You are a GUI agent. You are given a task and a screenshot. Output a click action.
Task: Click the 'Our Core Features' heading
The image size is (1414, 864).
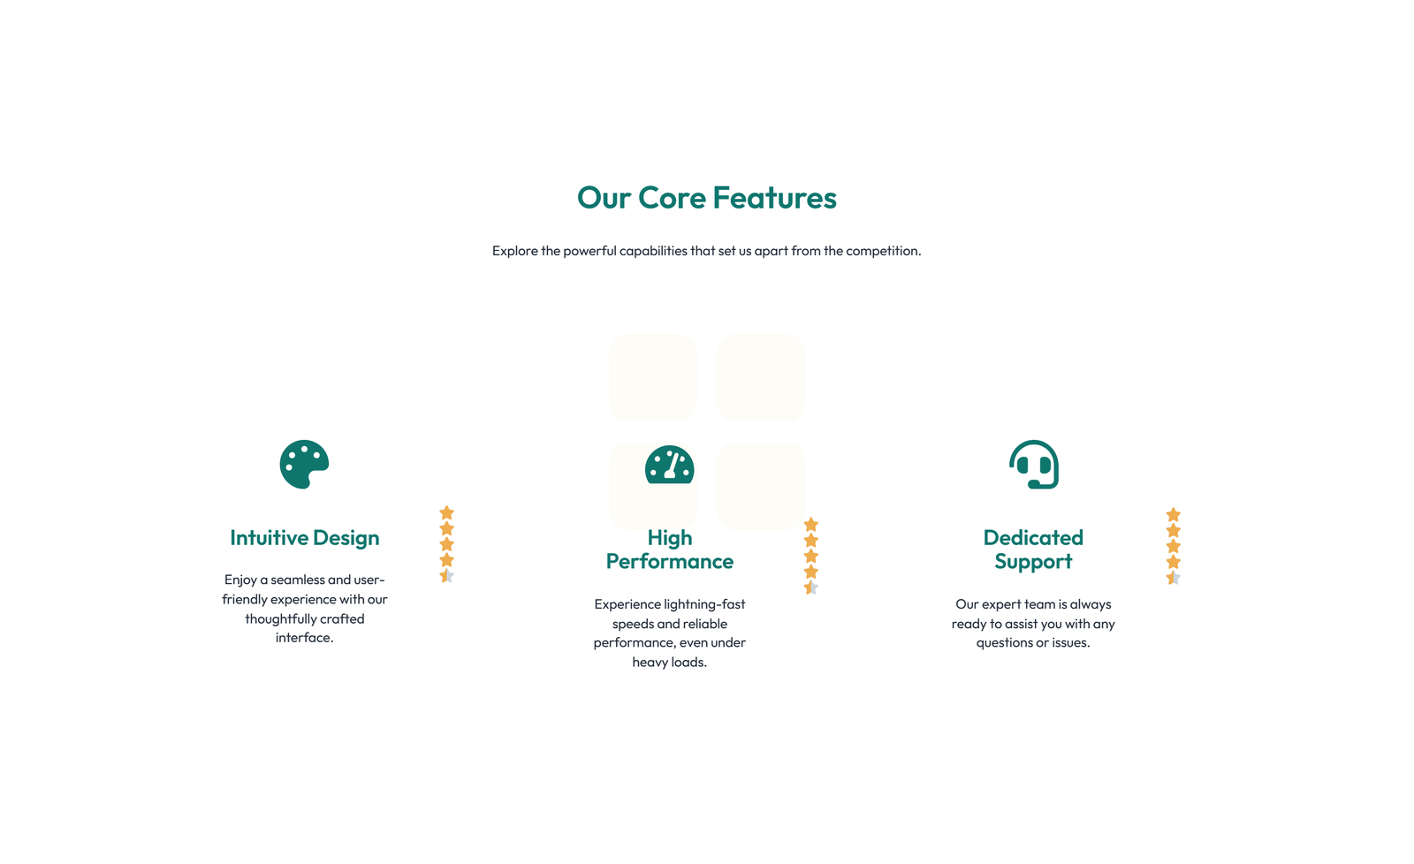coord(706,198)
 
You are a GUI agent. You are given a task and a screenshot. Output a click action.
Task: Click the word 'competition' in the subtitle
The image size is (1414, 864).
coord(882,251)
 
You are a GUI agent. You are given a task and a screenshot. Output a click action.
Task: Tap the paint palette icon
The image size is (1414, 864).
coord(304,465)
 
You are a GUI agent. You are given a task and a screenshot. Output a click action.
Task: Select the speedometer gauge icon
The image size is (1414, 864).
coord(669,465)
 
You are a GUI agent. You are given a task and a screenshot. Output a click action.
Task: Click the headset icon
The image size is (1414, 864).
coord(1034,465)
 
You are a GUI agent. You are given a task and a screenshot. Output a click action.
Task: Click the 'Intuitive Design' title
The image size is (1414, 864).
coord(304,538)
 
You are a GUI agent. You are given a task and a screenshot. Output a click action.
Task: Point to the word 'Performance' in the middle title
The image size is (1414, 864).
coord(669,561)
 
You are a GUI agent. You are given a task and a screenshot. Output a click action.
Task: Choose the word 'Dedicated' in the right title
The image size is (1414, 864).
coord(1033,538)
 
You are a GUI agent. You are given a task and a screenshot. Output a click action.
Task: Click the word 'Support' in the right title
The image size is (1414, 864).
coord(1033,561)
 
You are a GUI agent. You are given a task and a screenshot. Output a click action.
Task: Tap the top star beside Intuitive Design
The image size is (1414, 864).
coord(447,512)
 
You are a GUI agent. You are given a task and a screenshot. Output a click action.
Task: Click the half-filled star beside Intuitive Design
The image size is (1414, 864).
coord(447,576)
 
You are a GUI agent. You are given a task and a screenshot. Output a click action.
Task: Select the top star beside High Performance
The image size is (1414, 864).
coord(811,525)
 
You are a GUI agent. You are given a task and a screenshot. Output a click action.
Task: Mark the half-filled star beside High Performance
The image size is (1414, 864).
coord(811,587)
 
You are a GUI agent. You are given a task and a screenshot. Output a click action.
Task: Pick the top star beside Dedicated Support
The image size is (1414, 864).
coord(1174,514)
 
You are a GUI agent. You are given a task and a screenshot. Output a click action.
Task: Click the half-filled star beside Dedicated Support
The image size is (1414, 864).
coord(1174,578)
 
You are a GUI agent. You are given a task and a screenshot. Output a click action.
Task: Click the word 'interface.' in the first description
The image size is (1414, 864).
coord(304,638)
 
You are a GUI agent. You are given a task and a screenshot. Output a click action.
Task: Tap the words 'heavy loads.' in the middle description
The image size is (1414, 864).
coord(669,662)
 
